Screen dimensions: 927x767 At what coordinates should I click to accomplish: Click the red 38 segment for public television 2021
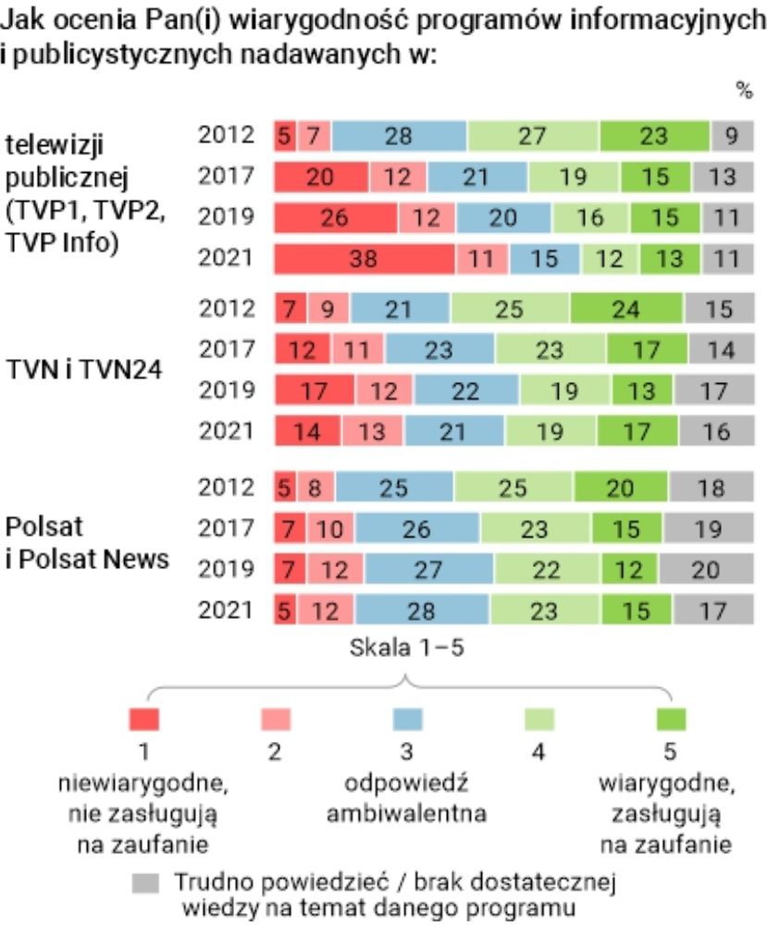coord(364,259)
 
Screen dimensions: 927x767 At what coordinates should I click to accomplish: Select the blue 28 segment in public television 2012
coord(399,135)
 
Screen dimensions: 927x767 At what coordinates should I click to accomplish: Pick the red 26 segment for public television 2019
coord(335,218)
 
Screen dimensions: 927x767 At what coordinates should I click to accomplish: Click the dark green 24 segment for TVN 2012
coord(625,308)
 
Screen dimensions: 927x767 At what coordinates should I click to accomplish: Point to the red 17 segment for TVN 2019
coord(315,391)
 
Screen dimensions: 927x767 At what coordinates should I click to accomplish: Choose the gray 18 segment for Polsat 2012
coord(711,487)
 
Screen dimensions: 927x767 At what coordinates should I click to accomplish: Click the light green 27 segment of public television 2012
coord(532,135)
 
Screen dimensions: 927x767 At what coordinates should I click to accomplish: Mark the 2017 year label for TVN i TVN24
coord(226,349)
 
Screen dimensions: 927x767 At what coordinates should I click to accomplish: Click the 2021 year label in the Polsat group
coord(226,610)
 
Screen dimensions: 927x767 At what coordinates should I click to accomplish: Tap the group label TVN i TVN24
coord(84,370)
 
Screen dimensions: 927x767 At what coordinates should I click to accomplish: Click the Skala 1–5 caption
coord(406,647)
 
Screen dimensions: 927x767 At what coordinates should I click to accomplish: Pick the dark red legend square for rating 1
coord(144,719)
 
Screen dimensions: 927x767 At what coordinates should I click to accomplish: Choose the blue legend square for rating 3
coord(407,719)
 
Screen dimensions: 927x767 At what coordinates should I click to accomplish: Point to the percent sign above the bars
coord(744,91)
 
